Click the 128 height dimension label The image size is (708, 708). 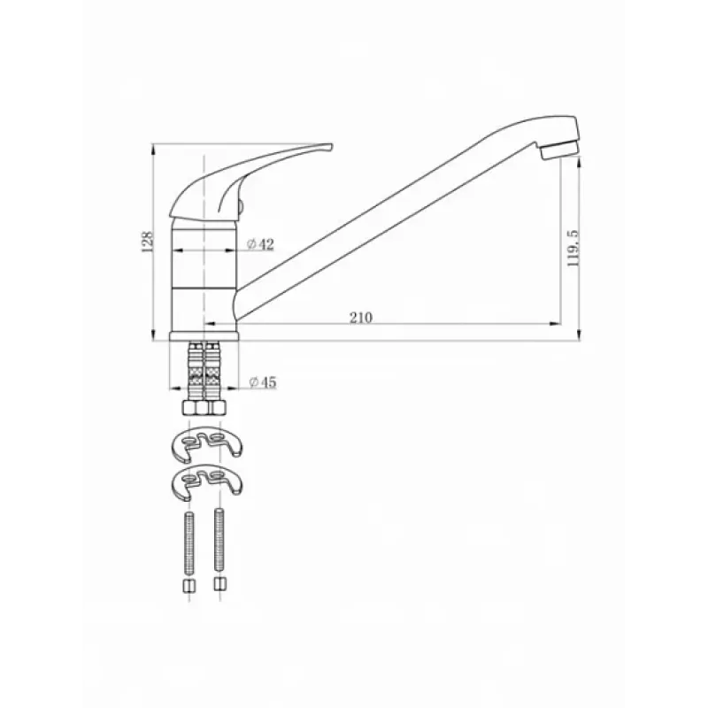coord(148,242)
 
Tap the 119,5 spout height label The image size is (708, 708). coord(572,248)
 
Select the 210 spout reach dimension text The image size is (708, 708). coord(361,318)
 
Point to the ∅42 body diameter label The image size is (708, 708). coord(260,244)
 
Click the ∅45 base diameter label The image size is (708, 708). coord(262,382)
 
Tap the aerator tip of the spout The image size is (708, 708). coord(560,149)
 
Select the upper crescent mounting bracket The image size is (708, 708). coord(207,443)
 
